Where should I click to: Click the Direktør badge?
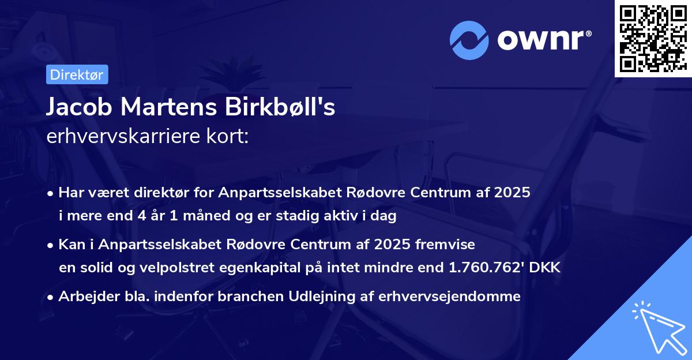77,74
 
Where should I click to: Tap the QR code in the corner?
653,39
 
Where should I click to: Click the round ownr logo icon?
469,40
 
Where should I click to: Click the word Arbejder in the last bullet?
84,297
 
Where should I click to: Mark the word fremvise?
449,245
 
